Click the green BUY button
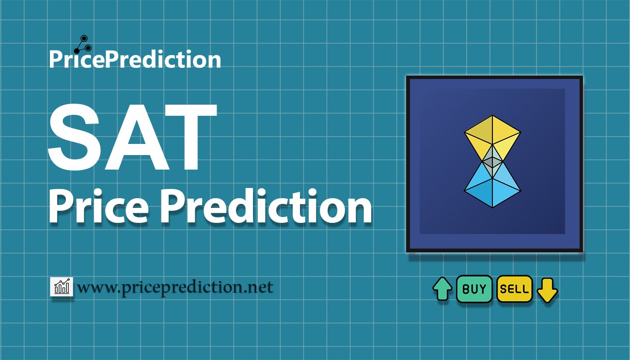click(x=474, y=289)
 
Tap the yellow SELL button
click(x=514, y=289)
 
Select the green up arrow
click(x=442, y=289)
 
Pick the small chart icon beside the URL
click(x=62, y=287)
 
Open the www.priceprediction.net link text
click(x=175, y=288)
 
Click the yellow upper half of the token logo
click(x=492, y=136)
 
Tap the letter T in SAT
click(x=189, y=139)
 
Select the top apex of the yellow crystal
click(x=492, y=116)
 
